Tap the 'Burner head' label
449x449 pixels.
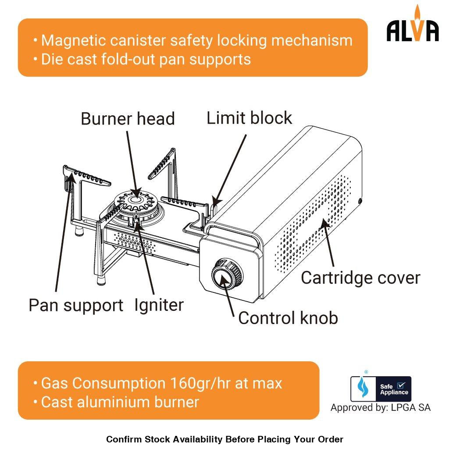[x=128, y=119]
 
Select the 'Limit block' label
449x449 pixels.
[x=249, y=118]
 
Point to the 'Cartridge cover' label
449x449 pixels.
[x=360, y=278]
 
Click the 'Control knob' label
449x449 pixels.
[x=288, y=318]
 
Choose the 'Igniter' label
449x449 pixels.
[x=159, y=305]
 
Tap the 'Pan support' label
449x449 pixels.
[x=76, y=305]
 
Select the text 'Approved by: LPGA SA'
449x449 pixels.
[x=380, y=408]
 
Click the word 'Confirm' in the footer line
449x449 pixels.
[x=123, y=439]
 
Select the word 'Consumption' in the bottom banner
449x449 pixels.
[x=118, y=383]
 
